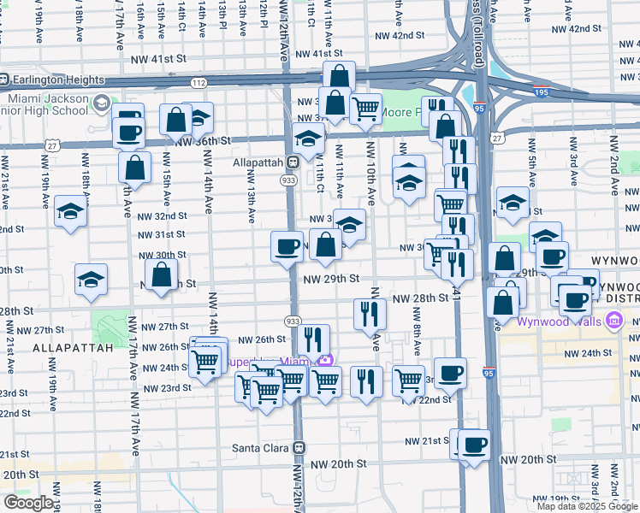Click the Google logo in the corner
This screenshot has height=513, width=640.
click(28, 503)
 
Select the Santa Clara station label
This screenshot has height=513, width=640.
click(261, 447)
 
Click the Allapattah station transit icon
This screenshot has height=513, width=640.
click(293, 162)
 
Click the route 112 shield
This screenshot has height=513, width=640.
click(199, 83)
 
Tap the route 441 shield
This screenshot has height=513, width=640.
click(456, 292)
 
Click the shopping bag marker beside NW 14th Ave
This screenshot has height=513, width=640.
click(175, 120)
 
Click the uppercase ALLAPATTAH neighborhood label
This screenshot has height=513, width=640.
click(74, 349)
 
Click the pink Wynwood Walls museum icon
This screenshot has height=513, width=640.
click(613, 321)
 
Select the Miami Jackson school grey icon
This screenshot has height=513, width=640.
click(101, 103)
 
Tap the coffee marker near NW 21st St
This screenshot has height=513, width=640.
click(474, 445)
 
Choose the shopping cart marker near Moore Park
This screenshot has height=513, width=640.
click(366, 109)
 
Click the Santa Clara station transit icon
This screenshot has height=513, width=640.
click(299, 447)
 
